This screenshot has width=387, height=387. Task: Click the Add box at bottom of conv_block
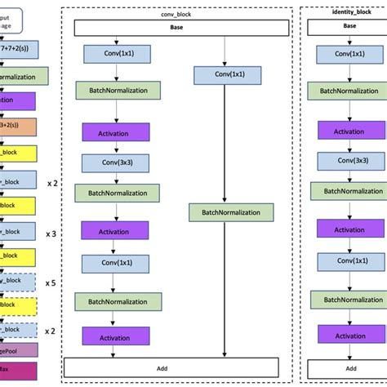pos(177,367)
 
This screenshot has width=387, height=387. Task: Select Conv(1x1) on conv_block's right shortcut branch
pos(224,76)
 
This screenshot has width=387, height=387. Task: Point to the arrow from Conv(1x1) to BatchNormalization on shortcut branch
pos(224,144)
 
